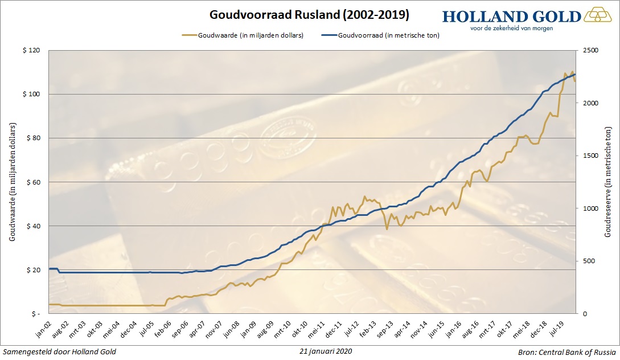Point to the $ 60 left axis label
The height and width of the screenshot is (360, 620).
tap(33, 182)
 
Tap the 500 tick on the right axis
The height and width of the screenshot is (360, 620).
tap(589, 261)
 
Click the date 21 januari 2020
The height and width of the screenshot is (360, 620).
tap(325, 351)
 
